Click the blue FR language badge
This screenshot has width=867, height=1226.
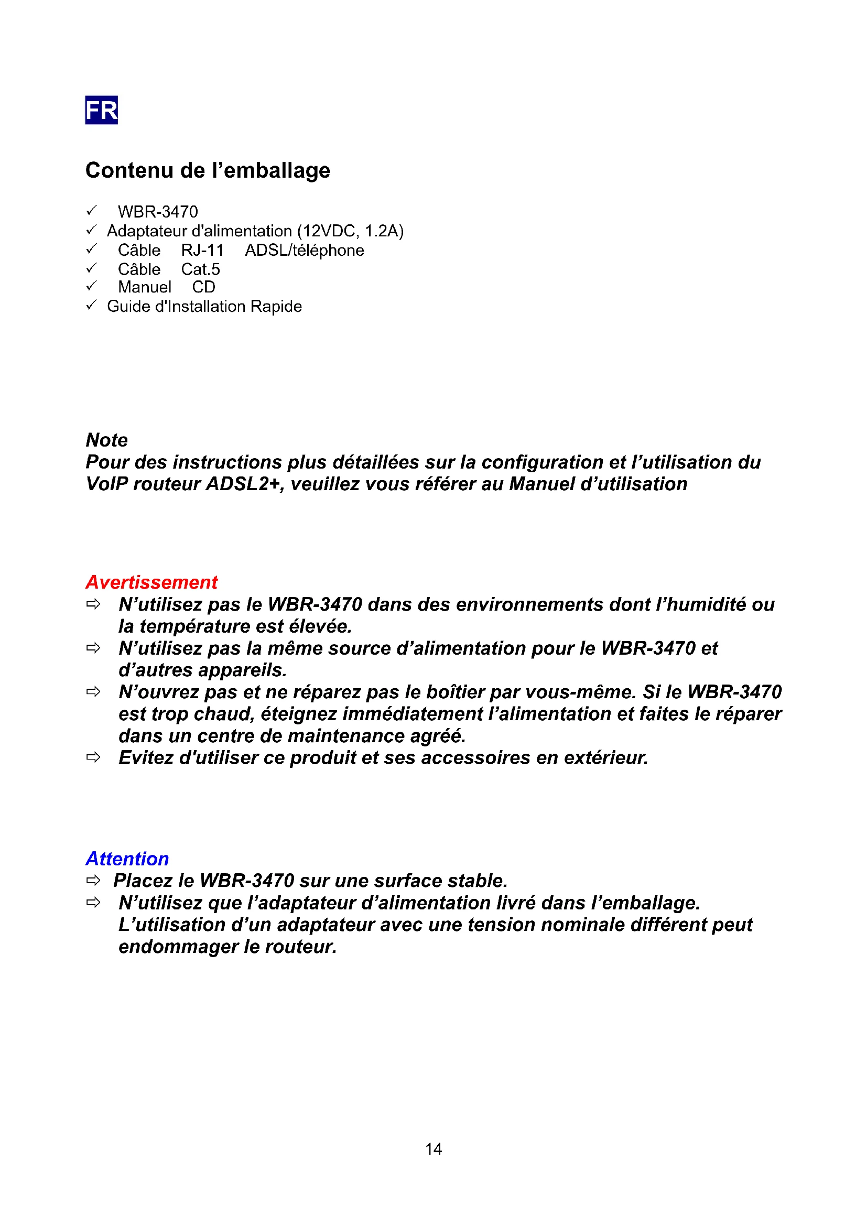tap(102, 110)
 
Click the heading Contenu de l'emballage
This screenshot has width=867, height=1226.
tap(208, 170)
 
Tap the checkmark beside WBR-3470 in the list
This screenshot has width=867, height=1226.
tap(91, 210)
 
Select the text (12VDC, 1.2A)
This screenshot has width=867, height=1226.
tap(350, 231)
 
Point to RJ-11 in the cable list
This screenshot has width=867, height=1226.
tap(202, 251)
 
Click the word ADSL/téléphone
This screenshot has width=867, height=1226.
tap(305, 251)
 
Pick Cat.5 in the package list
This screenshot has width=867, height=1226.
tap(200, 269)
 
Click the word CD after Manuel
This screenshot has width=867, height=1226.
tap(203, 287)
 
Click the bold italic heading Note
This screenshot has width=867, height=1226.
tap(107, 440)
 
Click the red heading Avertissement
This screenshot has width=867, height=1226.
tap(151, 582)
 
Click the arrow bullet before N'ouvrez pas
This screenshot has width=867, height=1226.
tap(93, 692)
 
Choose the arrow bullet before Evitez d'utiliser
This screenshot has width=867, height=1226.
tap(93, 757)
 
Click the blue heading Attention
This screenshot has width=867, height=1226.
tap(127, 859)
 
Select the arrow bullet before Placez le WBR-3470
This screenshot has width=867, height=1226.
tap(93, 880)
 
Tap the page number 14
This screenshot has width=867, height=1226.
tap(433, 1149)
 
